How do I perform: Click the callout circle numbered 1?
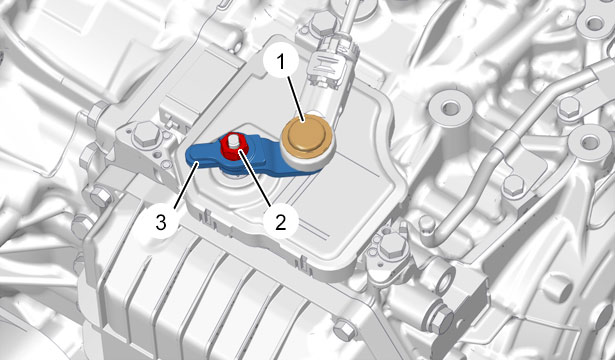click(x=281, y=62)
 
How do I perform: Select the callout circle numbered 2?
click(x=281, y=222)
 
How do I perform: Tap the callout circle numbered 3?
click(x=161, y=222)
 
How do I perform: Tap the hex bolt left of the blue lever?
click(x=146, y=134)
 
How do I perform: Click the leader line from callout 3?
click(x=184, y=185)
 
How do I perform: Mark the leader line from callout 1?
click(x=296, y=98)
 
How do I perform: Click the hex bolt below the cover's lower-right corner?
click(x=393, y=245)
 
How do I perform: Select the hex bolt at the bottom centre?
click(x=345, y=329)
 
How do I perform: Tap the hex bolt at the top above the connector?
click(x=323, y=22)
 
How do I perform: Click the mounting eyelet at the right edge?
click(x=590, y=143)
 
